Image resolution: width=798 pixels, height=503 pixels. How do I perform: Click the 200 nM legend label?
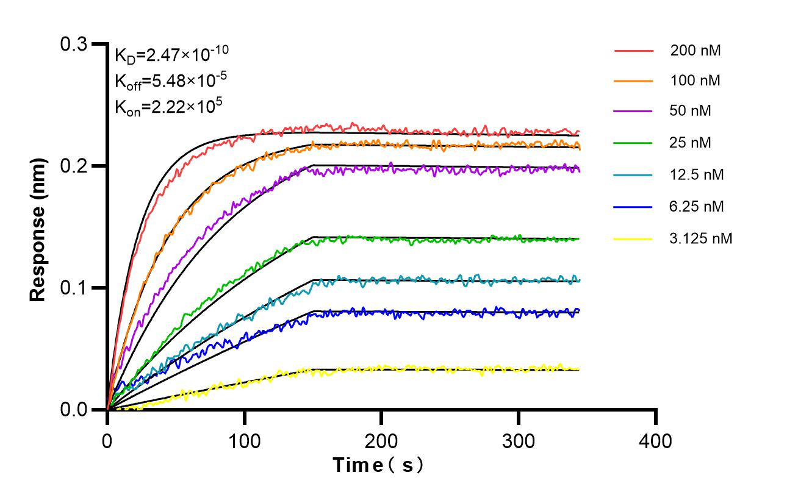click(696, 51)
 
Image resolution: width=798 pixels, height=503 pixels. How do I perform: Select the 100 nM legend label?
click(696, 81)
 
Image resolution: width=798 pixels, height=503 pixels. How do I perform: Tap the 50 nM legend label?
click(691, 112)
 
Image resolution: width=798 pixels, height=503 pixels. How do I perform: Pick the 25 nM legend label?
click(691, 143)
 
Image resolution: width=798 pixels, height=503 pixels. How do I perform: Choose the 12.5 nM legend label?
click(697, 175)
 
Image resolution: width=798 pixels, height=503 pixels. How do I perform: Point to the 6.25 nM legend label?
click(697, 207)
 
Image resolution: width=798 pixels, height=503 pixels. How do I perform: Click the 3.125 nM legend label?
click(700, 238)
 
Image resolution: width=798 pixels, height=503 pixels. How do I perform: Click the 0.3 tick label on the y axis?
click(74, 44)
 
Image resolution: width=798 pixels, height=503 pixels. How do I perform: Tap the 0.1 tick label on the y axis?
click(74, 288)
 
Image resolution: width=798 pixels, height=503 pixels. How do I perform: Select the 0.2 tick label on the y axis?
click(74, 166)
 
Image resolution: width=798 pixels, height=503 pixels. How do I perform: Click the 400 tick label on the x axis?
click(656, 440)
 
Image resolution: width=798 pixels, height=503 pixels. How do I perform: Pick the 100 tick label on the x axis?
click(245, 440)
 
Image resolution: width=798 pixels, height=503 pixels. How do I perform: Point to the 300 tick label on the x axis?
click(519, 440)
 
